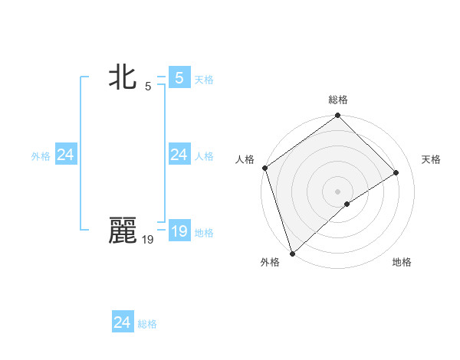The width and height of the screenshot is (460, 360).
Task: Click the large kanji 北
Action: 122,77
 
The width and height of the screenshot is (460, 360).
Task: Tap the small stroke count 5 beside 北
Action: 148,86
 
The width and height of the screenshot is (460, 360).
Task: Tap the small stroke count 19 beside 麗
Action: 147,240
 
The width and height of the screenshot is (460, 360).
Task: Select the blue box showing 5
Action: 179,77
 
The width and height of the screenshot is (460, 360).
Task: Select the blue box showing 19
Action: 179,231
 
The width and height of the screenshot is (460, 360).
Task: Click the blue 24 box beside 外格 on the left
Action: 65,155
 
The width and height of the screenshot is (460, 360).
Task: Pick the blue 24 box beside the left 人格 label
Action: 179,155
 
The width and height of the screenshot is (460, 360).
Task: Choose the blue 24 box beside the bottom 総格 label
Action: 122,322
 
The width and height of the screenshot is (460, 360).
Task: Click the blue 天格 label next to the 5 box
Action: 204,79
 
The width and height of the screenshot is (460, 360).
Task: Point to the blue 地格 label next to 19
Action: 204,233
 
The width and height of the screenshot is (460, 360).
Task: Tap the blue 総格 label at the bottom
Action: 147,324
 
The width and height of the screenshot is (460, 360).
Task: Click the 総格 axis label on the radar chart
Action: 338,100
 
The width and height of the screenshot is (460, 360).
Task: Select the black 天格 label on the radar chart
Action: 431,159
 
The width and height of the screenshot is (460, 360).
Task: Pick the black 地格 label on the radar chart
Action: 402,262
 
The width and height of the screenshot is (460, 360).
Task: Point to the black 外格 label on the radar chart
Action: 270,262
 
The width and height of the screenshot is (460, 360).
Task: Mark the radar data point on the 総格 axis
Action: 337,116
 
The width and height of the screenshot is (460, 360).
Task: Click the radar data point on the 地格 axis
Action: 347,204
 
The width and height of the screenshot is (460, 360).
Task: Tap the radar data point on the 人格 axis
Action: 264,168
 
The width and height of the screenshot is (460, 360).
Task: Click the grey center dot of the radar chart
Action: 337,191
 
